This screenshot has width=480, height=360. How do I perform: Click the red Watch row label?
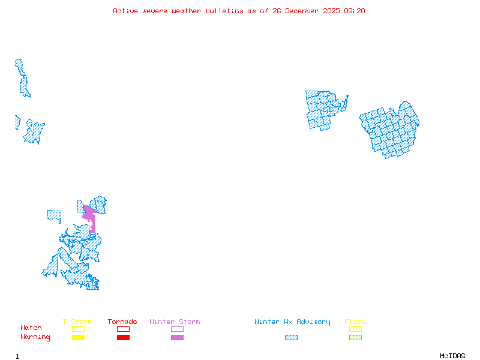pyautogui.click(x=31, y=328)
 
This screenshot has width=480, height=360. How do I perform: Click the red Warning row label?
pyautogui.click(x=35, y=337)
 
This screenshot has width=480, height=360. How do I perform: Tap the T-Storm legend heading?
pyautogui.click(x=77, y=322)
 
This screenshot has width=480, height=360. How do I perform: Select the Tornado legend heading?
pyautogui.click(x=122, y=322)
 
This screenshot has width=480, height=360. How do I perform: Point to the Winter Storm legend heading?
pyautogui.click(x=175, y=322)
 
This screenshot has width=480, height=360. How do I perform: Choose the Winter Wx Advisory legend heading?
pyautogui.click(x=292, y=322)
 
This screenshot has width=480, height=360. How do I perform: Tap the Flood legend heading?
pyautogui.click(x=355, y=322)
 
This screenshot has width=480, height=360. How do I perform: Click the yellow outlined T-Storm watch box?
pyautogui.click(x=78, y=329)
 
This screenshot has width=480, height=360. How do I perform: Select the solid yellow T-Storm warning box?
pyautogui.click(x=78, y=338)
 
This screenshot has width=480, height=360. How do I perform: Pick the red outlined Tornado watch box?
pyautogui.click(x=123, y=329)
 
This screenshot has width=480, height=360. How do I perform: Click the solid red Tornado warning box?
pyautogui.click(x=123, y=338)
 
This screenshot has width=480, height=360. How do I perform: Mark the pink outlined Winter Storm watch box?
pyautogui.click(x=177, y=329)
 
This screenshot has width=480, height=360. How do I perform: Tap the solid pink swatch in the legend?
pyautogui.click(x=177, y=338)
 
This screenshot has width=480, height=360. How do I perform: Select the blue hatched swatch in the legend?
pyautogui.click(x=291, y=338)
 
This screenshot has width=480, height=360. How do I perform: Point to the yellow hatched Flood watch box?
pyautogui.click(x=355, y=329)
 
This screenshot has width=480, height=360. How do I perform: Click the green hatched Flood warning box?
pyautogui.click(x=355, y=338)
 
